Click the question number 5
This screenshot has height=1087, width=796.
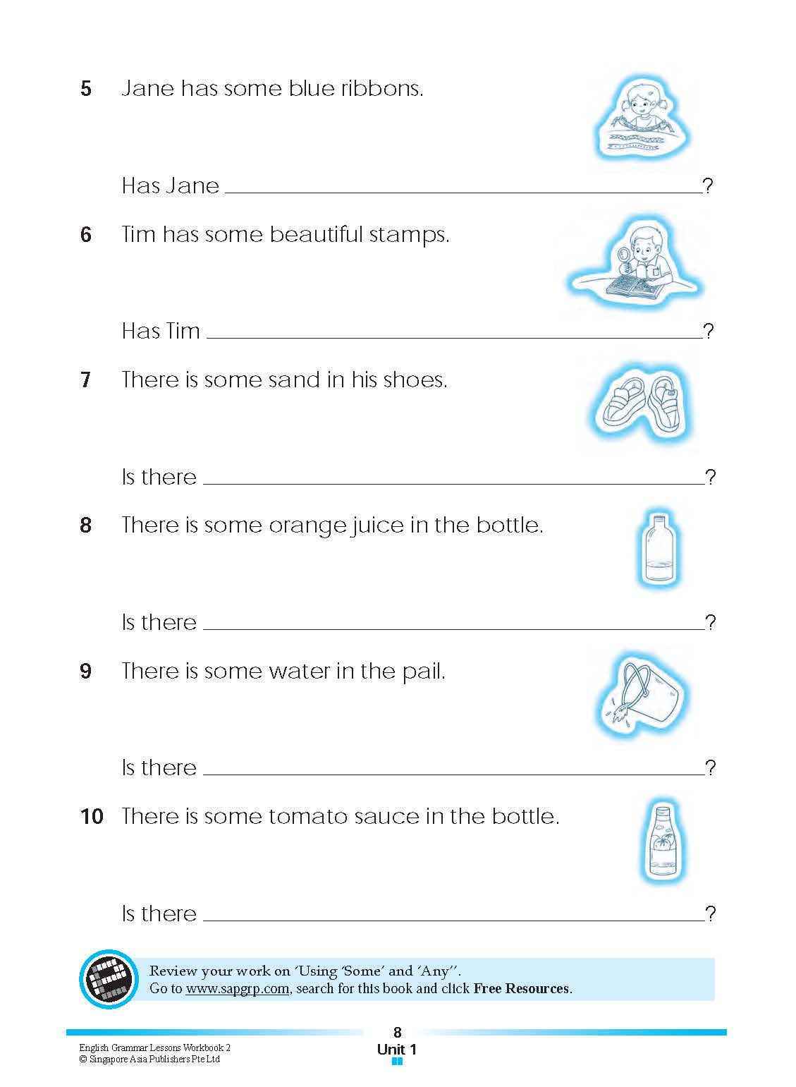(x=86, y=89)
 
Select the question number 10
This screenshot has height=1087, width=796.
(x=92, y=817)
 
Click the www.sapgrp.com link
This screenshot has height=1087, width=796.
(x=237, y=988)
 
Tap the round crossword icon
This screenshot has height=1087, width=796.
(x=110, y=978)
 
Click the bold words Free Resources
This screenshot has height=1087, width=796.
(x=521, y=988)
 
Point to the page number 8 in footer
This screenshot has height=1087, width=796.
(x=397, y=1033)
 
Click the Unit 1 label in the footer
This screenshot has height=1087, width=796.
(x=397, y=1049)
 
